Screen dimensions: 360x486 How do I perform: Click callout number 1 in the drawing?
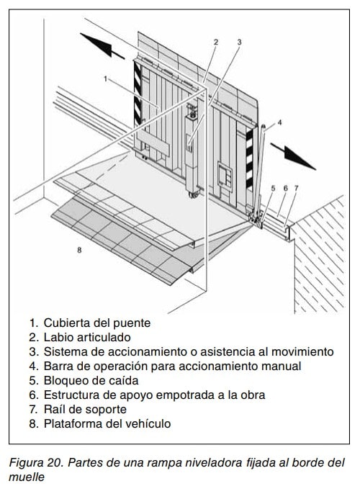(105, 78)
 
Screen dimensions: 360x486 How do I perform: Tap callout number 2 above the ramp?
(216, 42)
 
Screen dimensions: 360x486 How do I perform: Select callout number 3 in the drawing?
(239, 42)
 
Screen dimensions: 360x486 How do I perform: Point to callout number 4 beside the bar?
(279, 122)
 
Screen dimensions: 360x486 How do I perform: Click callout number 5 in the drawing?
(273, 188)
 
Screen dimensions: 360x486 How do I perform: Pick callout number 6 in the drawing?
(286, 188)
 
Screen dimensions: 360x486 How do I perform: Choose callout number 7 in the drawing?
(296, 188)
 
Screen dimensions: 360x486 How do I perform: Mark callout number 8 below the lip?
(79, 250)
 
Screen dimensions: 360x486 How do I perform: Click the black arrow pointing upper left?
(102, 46)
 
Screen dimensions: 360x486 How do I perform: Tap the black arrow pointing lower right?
(293, 156)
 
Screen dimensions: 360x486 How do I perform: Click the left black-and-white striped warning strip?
(138, 93)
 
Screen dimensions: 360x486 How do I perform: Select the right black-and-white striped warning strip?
(249, 159)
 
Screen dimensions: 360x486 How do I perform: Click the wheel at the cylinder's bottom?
(194, 194)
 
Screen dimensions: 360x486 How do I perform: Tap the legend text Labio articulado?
(87, 337)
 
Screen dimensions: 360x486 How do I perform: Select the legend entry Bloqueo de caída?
(91, 380)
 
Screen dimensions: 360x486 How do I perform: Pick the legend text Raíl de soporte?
(85, 409)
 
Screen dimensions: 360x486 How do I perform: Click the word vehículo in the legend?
(145, 423)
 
